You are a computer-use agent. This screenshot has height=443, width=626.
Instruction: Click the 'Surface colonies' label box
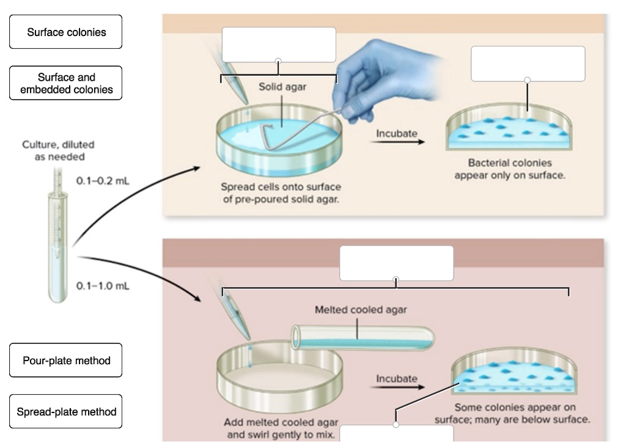[x=66, y=32]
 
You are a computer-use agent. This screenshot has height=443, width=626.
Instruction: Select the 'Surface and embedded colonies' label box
[x=66, y=83]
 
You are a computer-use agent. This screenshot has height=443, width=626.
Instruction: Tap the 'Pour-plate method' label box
[x=66, y=361]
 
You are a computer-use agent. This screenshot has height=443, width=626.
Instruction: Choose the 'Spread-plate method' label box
[x=66, y=411]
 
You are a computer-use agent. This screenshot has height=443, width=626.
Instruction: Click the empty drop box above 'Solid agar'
[x=279, y=44]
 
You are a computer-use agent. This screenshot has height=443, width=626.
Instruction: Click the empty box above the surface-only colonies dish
[x=528, y=64]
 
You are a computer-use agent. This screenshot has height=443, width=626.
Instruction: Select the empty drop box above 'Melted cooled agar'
[x=396, y=263]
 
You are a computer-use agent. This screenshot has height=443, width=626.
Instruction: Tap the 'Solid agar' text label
[x=282, y=87]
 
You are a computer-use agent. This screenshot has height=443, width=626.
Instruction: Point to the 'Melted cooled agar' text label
[x=360, y=310]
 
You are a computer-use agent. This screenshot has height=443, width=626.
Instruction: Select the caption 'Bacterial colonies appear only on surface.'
[x=510, y=169]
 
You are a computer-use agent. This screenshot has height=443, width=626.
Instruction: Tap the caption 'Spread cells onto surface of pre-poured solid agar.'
[x=281, y=193]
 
